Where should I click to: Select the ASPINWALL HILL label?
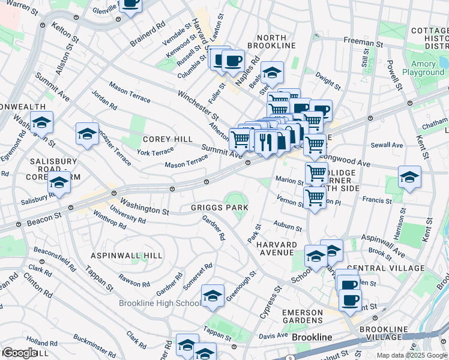pyautogui.click(x=127, y=256)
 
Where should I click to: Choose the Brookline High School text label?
pyautogui.click(x=160, y=304)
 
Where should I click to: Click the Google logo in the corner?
pyautogui.click(x=19, y=353)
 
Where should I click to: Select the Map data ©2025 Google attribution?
pyautogui.click(x=412, y=355)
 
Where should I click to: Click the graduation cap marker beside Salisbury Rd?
pyautogui.click(x=59, y=184)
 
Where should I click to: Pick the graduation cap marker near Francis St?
pyautogui.click(x=409, y=177)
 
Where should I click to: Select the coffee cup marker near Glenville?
pyautogui.click(x=130, y=3)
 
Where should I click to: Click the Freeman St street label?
pyautogui.click(x=363, y=41)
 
